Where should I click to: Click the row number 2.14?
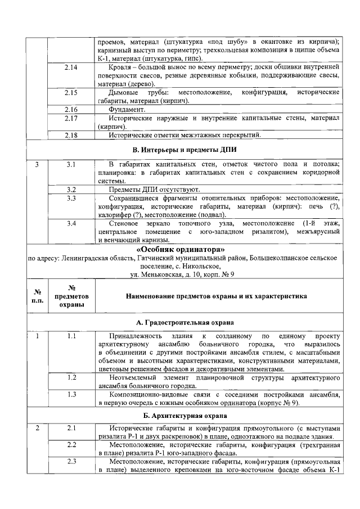click(71, 67)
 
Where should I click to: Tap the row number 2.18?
click(71, 135)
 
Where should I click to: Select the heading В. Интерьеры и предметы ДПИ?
click(184, 151)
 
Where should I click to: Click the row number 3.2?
click(71, 190)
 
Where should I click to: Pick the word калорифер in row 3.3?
click(116, 215)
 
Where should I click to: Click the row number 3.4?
click(71, 224)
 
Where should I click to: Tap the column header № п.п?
click(38, 296)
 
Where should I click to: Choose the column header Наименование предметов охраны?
click(216, 295)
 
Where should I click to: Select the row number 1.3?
click(71, 395)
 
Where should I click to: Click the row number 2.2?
click(71, 445)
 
